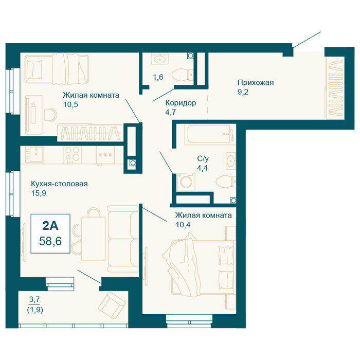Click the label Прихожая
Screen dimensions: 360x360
coord(256,82)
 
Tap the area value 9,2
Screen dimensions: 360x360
coord(243,92)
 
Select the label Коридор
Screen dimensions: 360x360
coord(181,103)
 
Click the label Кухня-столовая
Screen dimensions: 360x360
coord(59,184)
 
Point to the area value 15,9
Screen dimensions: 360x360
coord(39,193)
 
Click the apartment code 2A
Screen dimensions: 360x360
coord(50,226)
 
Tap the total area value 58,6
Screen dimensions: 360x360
coord(50,241)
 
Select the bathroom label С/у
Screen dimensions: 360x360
coord(203,158)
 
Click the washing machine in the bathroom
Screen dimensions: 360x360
coord(186,182)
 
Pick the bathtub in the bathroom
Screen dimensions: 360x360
coord(210,135)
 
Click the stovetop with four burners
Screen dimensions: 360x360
coord(73,154)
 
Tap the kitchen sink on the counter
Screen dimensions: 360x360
coord(34,154)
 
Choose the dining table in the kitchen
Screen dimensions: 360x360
coord(94,239)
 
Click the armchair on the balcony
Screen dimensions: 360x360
coord(112,305)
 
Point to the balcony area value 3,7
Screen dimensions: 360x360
coord(34,299)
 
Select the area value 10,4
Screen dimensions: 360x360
coord(183,225)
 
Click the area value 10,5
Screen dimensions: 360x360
coord(71,104)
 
